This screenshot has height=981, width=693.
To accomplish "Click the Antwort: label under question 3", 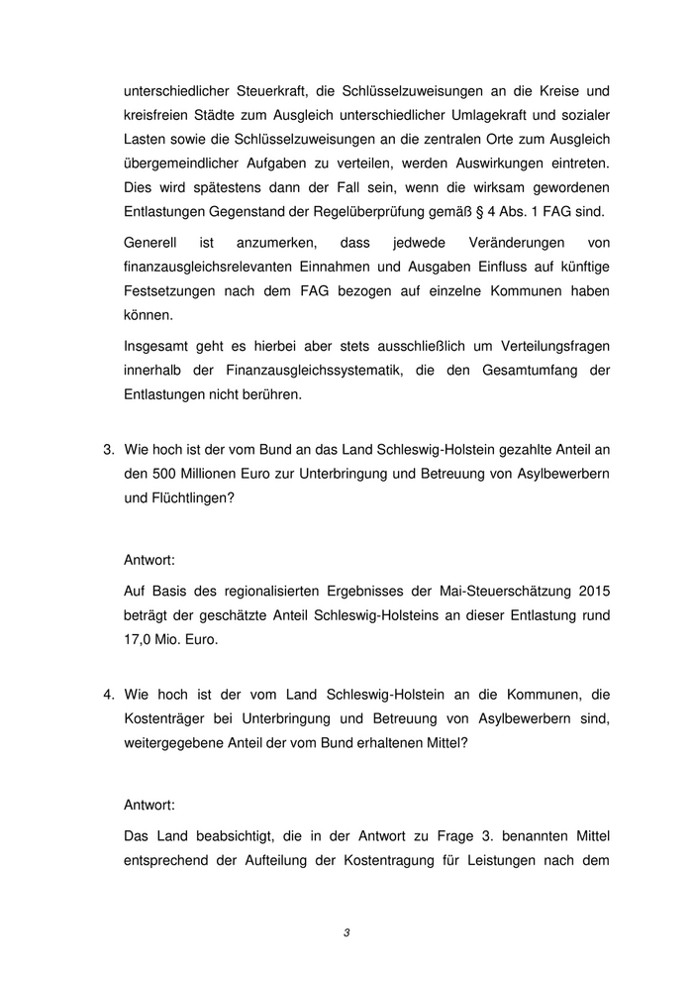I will point(150,561).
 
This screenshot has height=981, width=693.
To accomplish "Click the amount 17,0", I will point(142,639).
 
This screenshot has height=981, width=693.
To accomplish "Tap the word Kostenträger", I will point(165,717).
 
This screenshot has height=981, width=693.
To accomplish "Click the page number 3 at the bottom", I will point(346,932).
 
